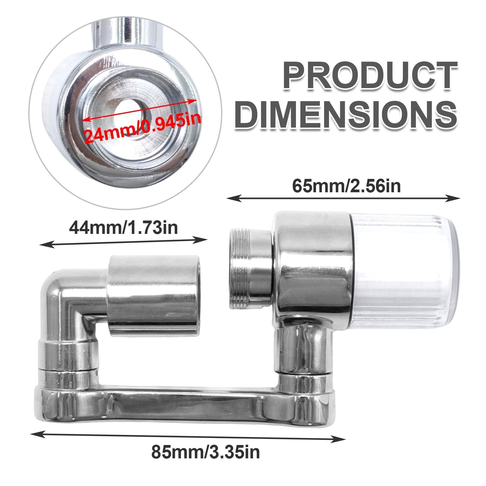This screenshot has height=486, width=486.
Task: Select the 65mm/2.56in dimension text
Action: (x=346, y=186)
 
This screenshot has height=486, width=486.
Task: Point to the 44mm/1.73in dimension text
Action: (x=124, y=228)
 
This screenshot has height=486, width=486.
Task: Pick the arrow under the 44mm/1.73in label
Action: (x=124, y=242)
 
